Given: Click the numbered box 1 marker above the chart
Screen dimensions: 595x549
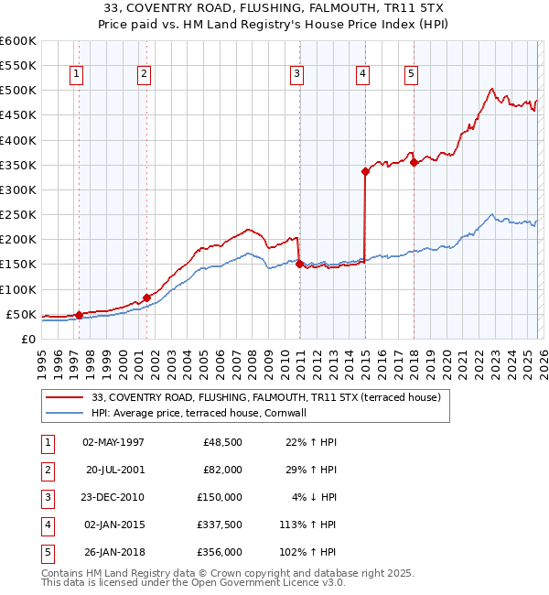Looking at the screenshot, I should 75,75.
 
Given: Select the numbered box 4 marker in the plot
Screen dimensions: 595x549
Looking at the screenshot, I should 363,75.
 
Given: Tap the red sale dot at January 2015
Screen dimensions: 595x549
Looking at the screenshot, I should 365,171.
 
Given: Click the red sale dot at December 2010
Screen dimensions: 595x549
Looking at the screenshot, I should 299,265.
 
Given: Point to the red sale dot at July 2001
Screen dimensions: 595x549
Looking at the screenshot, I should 146,297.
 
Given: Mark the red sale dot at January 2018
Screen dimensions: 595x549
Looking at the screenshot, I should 414,162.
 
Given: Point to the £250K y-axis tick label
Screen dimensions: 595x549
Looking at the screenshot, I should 18,215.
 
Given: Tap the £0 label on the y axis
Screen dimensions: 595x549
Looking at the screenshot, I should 27,340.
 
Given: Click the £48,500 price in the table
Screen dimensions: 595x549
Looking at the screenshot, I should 221,442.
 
